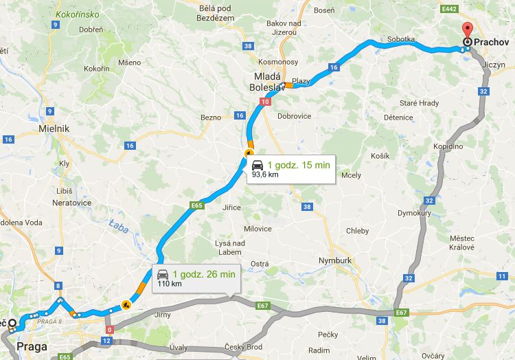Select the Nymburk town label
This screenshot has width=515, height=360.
click(x=335, y=261)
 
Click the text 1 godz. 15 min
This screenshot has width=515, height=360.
click(x=299, y=165)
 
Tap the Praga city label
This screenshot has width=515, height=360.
click(x=32, y=346)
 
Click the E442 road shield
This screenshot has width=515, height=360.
click(x=450, y=9)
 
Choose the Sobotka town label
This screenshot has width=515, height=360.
click(x=402, y=40)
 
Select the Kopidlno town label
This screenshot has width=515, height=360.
click(x=448, y=146)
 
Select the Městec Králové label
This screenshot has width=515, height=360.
click(x=462, y=243)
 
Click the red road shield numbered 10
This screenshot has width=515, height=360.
click(x=265, y=101)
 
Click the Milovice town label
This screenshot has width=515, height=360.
click(x=257, y=229)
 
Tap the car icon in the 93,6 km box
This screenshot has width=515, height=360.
click(x=257, y=166)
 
